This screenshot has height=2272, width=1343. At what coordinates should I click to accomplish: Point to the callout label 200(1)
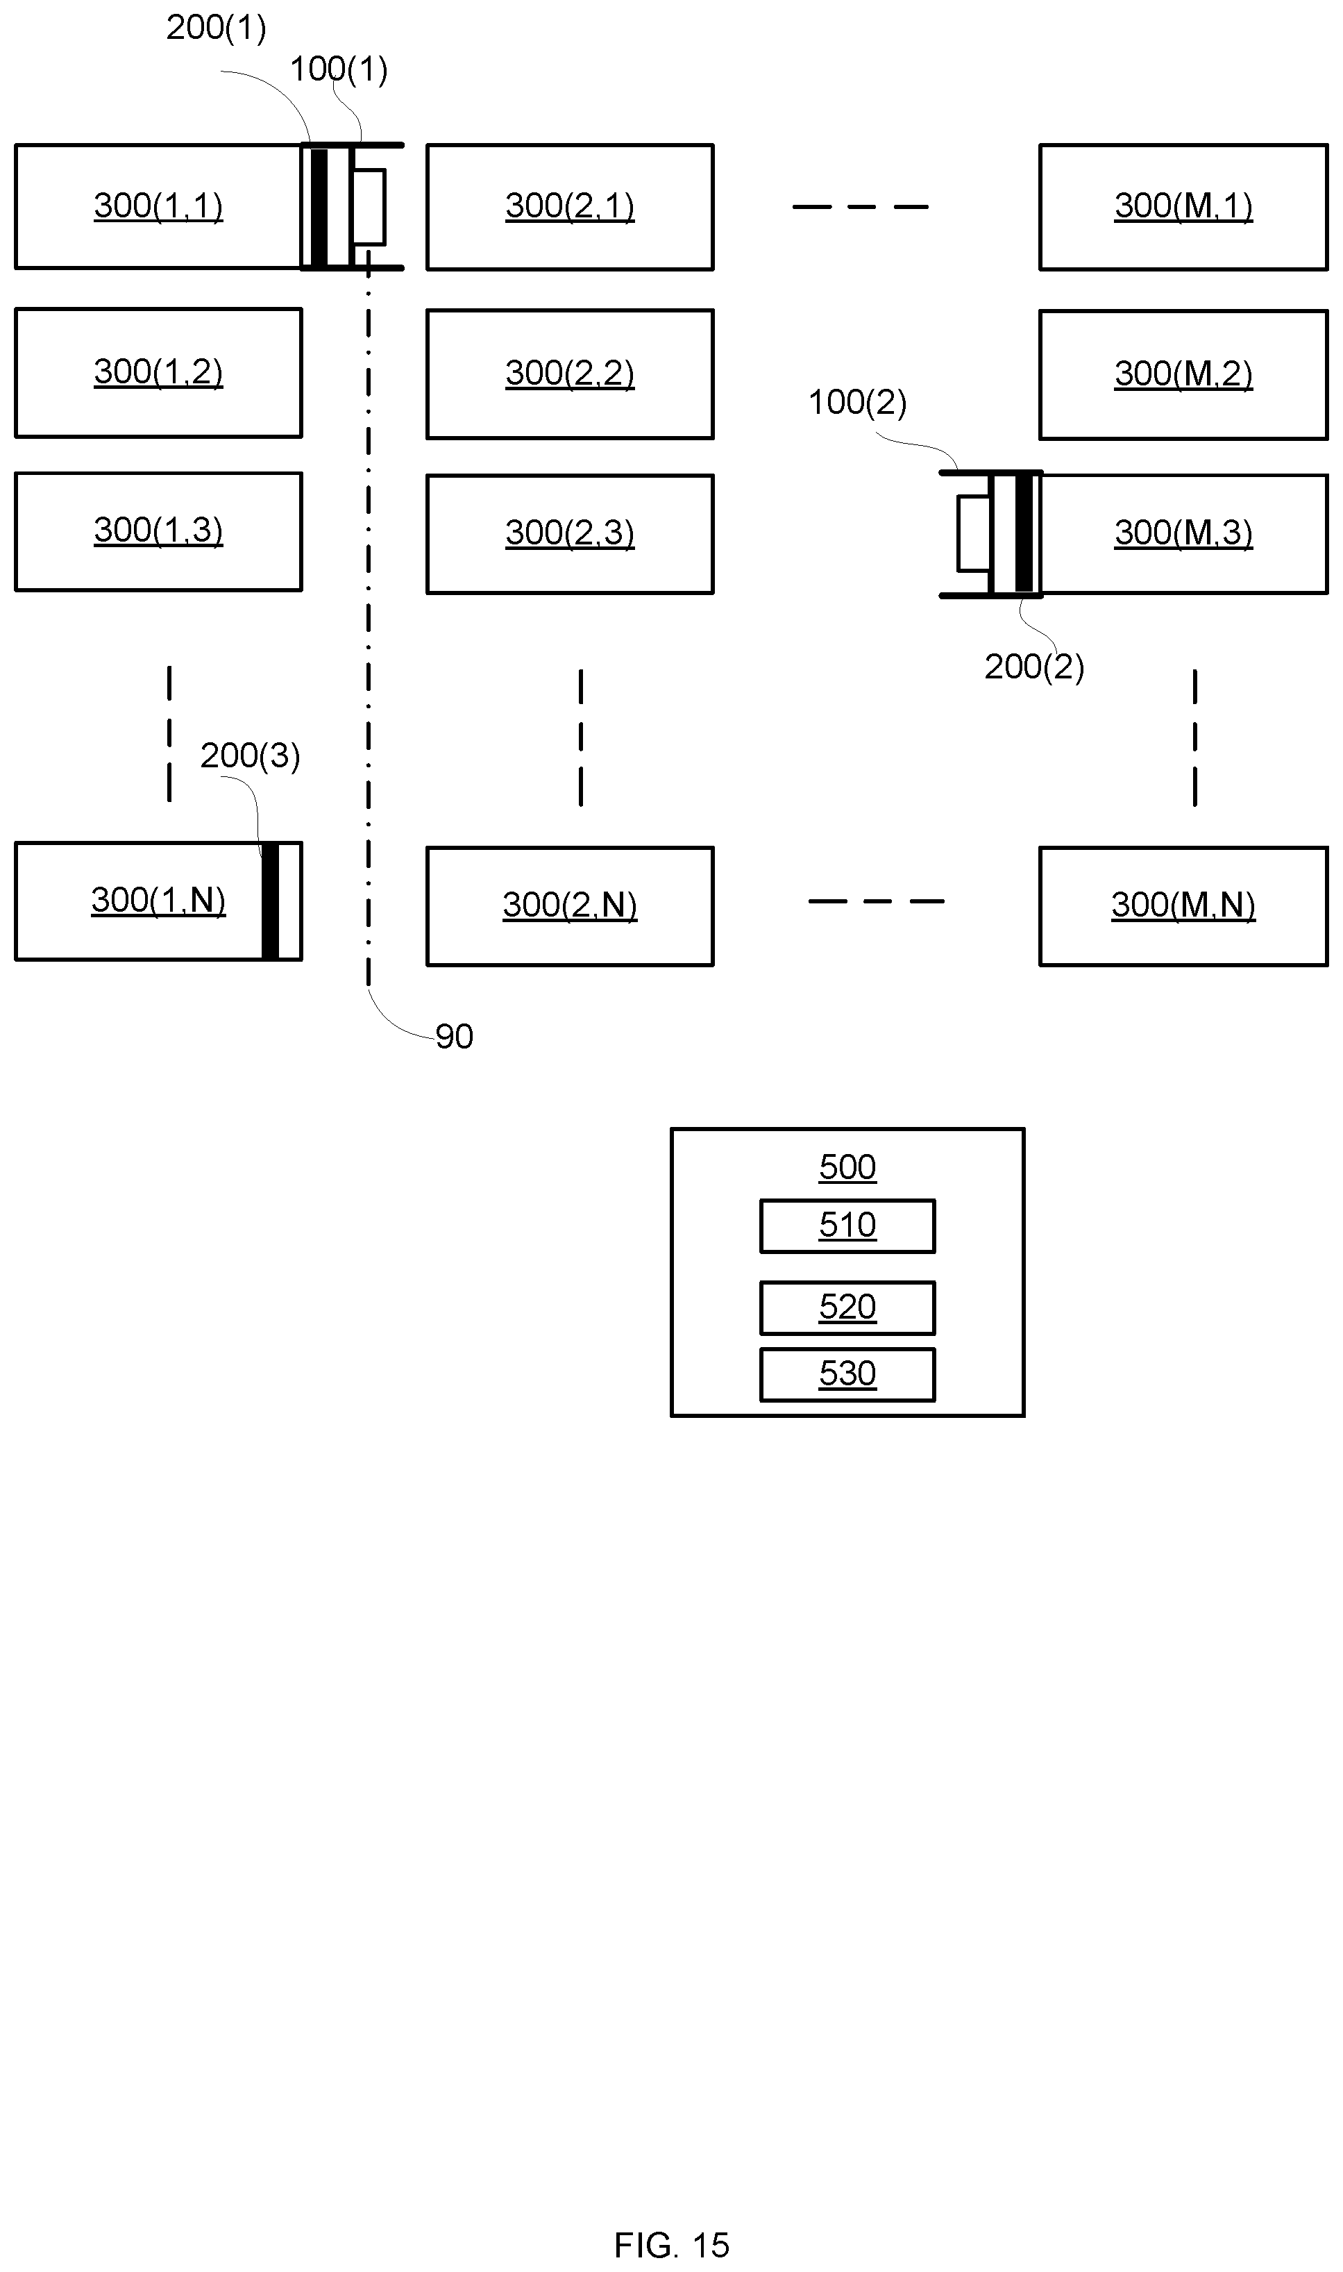click(217, 27)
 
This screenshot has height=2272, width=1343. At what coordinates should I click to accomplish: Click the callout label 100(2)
click(857, 402)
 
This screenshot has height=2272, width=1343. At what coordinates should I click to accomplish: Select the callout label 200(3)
click(250, 755)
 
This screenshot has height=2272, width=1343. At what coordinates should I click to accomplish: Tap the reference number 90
click(455, 1037)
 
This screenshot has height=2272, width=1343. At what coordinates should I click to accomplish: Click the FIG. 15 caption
click(672, 2245)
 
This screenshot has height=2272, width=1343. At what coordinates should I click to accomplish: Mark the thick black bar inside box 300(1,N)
click(270, 901)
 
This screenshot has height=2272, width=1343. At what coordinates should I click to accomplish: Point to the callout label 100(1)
click(339, 69)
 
